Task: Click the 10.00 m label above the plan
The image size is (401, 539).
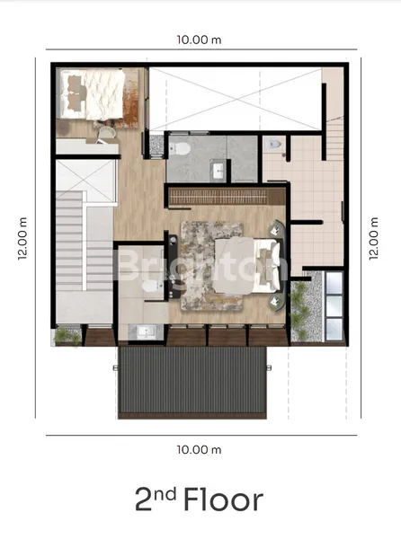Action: pyautogui.click(x=199, y=40)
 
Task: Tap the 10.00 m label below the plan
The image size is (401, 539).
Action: pyautogui.click(x=199, y=450)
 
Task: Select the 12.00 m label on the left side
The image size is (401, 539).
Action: pyautogui.click(x=22, y=238)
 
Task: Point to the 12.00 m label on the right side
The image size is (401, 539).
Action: pyautogui.click(x=374, y=238)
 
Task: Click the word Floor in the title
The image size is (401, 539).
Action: pyautogui.click(x=224, y=499)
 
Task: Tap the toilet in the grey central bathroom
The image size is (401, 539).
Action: pyautogui.click(x=180, y=148)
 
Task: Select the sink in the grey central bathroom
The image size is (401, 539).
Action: pyautogui.click(x=218, y=171)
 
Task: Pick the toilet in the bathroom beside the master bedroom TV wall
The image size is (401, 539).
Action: pyautogui.click(x=149, y=286)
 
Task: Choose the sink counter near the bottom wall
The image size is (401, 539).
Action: pyautogui.click(x=146, y=332)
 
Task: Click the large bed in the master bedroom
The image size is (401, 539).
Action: pyautogui.click(x=247, y=265)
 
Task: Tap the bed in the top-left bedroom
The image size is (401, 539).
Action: pyautogui.click(x=93, y=93)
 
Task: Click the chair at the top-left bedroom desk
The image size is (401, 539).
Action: pyautogui.click(x=106, y=134)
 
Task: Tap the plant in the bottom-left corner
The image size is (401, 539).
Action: pyautogui.click(x=67, y=336)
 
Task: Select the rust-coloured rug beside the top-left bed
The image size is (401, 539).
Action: pyautogui.click(x=130, y=100)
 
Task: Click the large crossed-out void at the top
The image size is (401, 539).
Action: pyautogui.click(x=236, y=99)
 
